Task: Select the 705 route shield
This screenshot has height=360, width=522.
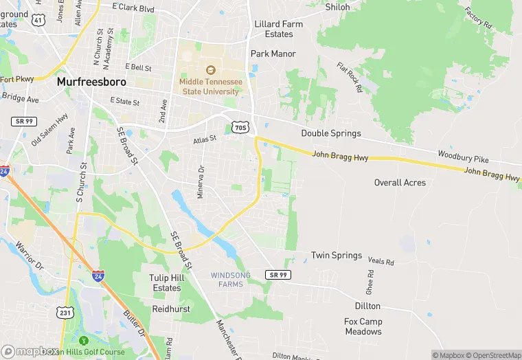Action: coord(240,128)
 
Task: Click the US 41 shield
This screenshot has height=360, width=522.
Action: coord(39,21)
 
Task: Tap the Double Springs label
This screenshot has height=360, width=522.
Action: coord(330,133)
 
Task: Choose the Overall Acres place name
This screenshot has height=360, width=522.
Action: coord(400,183)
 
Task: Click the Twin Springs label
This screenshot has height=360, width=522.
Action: coord(337,256)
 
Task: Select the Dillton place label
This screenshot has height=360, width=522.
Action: coord(367,306)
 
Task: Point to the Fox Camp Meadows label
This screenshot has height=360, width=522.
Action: coord(363,326)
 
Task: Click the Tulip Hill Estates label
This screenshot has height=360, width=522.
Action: coord(166,282)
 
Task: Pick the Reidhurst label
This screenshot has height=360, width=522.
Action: coord(172,310)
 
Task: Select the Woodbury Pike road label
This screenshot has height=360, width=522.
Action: coord(463,156)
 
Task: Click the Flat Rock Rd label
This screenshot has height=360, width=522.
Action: coord(349,77)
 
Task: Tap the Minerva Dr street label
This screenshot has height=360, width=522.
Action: coord(201,181)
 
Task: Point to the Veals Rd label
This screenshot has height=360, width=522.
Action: coord(381,262)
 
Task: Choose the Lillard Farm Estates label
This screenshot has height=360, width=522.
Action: coord(278,29)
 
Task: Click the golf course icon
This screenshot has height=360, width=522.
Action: coord(84,341)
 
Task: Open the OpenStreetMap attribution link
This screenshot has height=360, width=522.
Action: coord(495,355)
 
